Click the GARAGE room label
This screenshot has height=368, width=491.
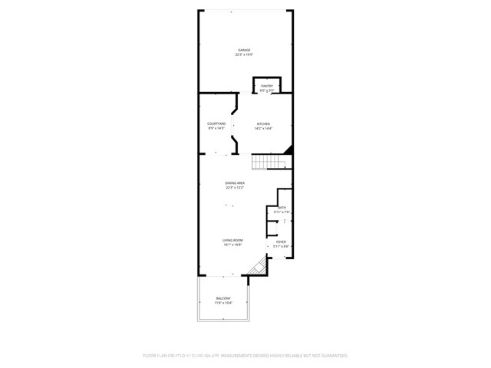(244, 50)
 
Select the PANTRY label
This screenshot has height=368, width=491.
(267, 86)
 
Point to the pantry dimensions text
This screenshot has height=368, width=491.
(267, 90)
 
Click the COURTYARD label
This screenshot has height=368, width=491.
(216, 123)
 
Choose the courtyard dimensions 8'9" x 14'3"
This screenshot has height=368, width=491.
(216, 128)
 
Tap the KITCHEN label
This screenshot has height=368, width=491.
(263, 123)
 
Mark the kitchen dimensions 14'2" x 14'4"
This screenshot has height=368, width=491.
(263, 128)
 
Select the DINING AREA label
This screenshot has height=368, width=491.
(235, 182)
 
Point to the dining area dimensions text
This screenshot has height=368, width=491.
(235, 187)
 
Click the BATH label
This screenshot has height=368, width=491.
(282, 207)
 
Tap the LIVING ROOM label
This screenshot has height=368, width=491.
(232, 241)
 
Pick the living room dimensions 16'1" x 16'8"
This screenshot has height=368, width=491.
(232, 245)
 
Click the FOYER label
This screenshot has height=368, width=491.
(281, 242)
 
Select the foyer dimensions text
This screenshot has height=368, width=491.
(281, 246)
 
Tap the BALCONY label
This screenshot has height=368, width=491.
(222, 299)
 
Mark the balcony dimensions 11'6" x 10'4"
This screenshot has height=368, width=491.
(222, 304)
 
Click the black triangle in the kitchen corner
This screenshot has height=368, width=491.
(288, 149)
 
